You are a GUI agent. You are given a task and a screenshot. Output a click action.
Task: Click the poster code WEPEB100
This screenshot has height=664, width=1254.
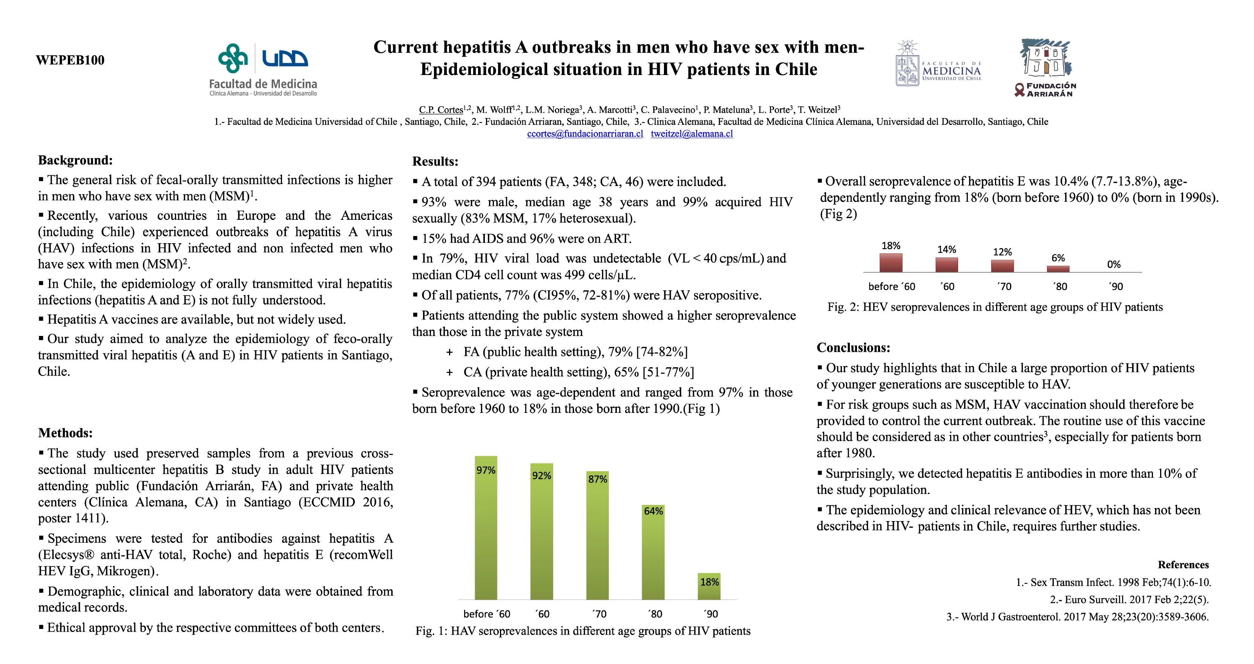point(70,60)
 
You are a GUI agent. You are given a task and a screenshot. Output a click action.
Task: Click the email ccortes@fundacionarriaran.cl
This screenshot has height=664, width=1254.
point(585,134)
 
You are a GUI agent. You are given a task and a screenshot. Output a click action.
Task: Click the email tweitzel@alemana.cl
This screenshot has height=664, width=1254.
point(692,134)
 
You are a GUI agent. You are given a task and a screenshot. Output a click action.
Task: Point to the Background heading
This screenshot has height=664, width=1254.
point(75,160)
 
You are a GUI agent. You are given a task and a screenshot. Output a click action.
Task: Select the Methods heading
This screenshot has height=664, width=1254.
point(65,433)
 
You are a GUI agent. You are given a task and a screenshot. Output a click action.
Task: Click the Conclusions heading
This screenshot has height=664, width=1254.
point(853,348)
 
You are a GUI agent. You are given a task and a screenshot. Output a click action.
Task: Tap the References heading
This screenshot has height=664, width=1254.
point(1183,565)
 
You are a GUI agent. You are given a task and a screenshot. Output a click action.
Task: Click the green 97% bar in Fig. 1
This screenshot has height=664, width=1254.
point(486,528)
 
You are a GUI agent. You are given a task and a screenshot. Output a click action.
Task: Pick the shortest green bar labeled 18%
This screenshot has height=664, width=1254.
point(709,586)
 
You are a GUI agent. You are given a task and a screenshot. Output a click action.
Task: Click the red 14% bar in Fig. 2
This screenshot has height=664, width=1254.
point(946,265)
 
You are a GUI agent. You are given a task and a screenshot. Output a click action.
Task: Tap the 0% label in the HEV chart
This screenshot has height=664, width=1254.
point(1114,264)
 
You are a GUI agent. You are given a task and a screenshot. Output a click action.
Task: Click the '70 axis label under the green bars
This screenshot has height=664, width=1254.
point(599,614)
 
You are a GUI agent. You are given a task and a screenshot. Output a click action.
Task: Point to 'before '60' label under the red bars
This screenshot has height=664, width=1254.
point(891,287)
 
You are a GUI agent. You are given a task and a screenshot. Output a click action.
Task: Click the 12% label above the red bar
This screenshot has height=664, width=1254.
point(1002,252)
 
